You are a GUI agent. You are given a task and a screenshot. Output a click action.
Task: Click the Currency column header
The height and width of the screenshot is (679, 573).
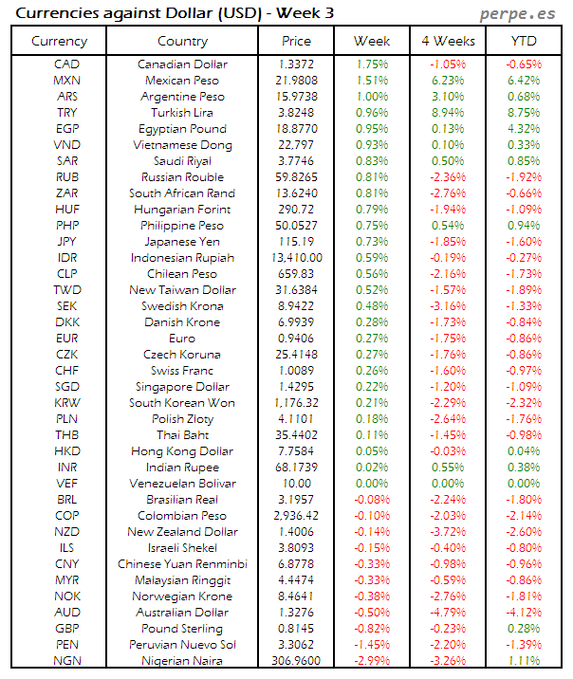click(59, 41)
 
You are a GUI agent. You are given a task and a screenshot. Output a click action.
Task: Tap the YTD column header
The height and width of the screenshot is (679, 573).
click(523, 41)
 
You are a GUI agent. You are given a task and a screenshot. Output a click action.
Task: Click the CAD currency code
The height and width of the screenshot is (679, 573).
click(67, 64)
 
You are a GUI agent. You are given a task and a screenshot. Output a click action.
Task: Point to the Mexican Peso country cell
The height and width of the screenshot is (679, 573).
click(182, 81)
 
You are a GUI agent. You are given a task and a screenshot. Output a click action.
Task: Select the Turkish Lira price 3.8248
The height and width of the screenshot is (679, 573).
click(296, 113)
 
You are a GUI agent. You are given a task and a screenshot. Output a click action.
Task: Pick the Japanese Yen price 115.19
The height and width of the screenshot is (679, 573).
click(296, 242)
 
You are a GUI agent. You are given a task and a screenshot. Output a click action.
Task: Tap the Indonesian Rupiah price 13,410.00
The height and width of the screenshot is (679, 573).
click(296, 258)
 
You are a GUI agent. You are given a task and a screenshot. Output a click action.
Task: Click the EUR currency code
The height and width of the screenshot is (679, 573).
click(67, 339)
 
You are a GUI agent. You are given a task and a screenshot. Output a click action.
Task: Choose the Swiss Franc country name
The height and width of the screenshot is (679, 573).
click(182, 371)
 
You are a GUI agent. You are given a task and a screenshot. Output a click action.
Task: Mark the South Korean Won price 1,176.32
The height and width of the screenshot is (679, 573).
click(296, 403)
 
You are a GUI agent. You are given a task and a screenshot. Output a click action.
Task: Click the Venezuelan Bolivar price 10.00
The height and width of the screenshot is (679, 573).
click(296, 484)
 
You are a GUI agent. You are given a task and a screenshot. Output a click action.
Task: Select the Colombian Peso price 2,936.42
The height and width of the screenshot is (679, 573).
click(296, 516)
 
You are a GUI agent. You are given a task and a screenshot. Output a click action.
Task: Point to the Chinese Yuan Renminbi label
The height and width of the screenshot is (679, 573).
click(182, 564)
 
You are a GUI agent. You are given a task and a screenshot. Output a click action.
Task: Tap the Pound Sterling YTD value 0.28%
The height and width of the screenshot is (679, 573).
click(523, 629)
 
